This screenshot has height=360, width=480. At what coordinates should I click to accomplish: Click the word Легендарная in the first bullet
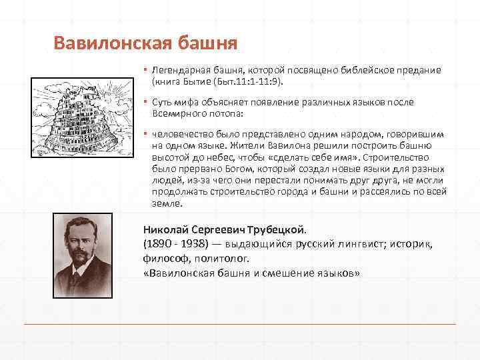(177, 70)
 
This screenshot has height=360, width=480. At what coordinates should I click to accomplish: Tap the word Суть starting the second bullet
(163, 102)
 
